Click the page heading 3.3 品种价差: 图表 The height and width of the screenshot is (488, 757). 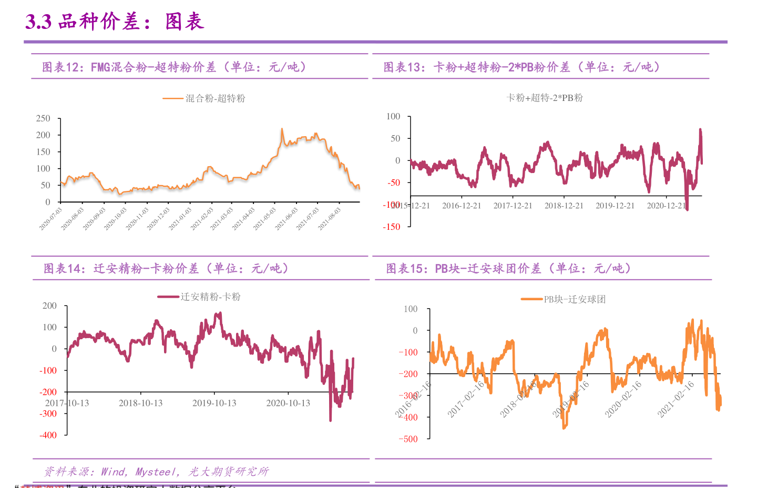pyautogui.click(x=115, y=22)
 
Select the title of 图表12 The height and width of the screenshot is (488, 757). pyautogui.click(x=174, y=67)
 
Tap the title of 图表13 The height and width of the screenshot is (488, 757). pyautogui.click(x=521, y=67)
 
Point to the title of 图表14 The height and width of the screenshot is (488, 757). pyautogui.click(x=166, y=269)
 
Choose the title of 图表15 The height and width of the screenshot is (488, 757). pyautogui.click(x=508, y=269)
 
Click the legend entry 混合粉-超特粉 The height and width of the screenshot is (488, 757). pyautogui.click(x=215, y=98)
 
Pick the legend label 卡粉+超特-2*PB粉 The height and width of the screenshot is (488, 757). pyautogui.click(x=544, y=98)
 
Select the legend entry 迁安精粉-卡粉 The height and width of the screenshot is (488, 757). pyautogui.click(x=210, y=297)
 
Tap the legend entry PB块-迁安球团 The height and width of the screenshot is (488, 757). pyautogui.click(x=574, y=300)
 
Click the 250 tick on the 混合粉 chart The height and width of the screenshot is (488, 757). pyautogui.click(x=43, y=118)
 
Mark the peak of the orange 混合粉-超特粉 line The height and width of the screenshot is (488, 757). pyautogui.click(x=282, y=129)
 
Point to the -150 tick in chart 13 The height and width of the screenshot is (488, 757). pyautogui.click(x=392, y=227)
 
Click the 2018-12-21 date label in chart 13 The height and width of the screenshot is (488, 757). pyautogui.click(x=564, y=206)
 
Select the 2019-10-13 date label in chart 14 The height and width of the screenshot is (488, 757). pyautogui.click(x=214, y=403)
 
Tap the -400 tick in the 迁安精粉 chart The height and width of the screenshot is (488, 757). pyautogui.click(x=48, y=435)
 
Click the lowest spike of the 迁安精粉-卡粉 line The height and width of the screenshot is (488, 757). pyautogui.click(x=330, y=420)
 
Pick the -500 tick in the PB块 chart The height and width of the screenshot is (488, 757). pyautogui.click(x=408, y=439)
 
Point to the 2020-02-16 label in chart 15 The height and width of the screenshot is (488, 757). pyautogui.click(x=623, y=400)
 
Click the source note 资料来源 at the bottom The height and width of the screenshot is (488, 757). pyautogui.click(x=156, y=472)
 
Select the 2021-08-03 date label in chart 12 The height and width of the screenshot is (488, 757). pyautogui.click(x=330, y=219)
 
